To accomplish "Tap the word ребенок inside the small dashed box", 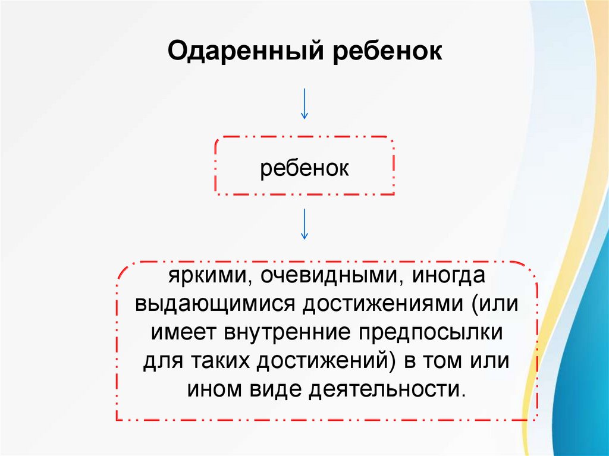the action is pyautogui.click(x=304, y=168).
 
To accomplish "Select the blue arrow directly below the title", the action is pyautogui.click(x=304, y=103).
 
